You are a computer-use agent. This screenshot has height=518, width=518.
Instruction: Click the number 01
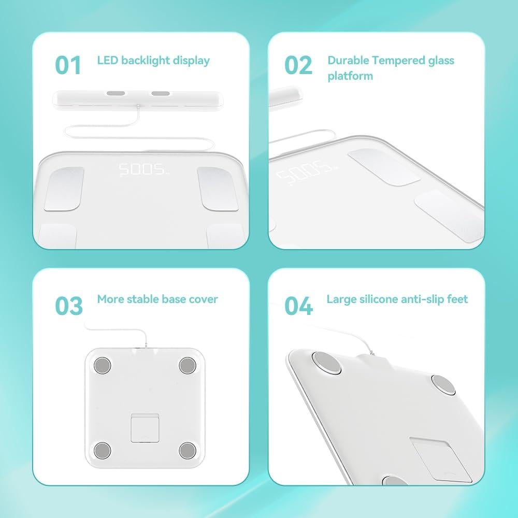[68, 66]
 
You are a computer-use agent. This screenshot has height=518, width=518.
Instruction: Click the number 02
[298, 66]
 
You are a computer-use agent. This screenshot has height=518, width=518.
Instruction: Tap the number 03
[69, 306]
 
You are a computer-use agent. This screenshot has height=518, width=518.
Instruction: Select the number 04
[299, 306]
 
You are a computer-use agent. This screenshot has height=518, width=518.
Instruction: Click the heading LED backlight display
[153, 61]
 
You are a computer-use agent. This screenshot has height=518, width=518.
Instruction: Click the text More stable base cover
[157, 299]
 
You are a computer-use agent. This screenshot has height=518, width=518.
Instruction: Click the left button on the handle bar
[116, 94]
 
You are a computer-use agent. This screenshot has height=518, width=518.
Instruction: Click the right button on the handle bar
[161, 94]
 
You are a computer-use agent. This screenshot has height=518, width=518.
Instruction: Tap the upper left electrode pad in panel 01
[64, 189]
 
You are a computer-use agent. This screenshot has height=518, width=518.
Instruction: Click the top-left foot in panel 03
[103, 366]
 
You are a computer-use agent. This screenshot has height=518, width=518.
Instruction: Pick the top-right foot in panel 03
[187, 366]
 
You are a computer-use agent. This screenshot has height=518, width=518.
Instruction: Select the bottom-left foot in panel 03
[103, 450]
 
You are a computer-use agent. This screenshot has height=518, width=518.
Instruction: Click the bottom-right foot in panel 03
[187, 450]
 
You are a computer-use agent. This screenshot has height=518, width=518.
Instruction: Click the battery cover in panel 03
[145, 427]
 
